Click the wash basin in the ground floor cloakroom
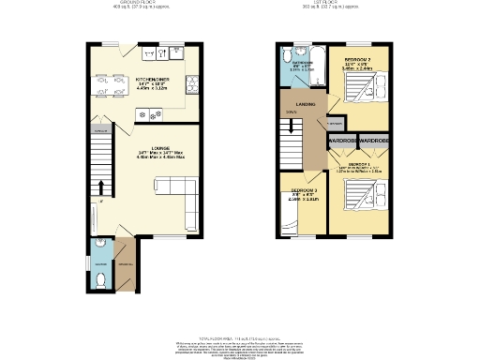100,249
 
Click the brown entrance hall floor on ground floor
125,267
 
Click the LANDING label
305,105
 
